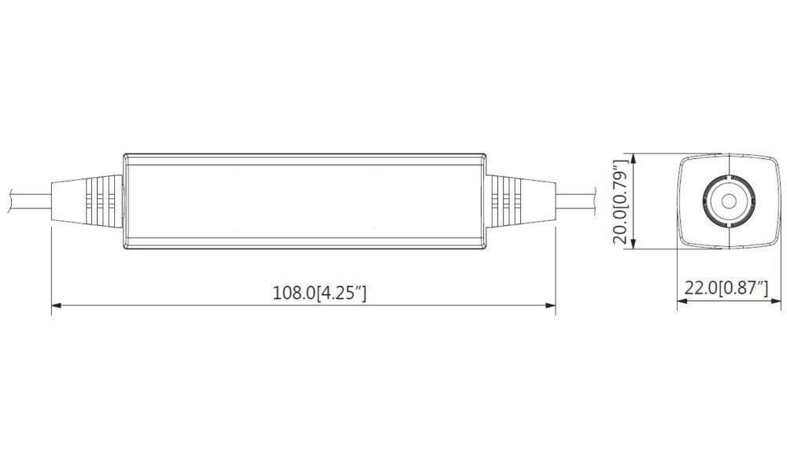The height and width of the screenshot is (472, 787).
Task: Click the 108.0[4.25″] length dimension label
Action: click(320, 293)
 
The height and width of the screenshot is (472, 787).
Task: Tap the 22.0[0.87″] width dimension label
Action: click(726, 289)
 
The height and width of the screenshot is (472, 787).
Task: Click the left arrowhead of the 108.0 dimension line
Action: click(56, 305)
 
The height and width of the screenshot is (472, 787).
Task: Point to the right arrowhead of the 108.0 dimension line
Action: click(551, 305)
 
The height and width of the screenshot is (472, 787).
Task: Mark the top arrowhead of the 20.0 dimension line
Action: click(634, 159)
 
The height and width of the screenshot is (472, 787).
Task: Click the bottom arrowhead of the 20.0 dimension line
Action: click(634, 243)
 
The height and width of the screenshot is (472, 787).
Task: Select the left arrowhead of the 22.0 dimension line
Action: click(682, 301)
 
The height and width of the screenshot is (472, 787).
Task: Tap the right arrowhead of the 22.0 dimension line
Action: click(777, 301)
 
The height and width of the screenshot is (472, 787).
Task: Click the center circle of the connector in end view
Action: click(728, 201)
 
